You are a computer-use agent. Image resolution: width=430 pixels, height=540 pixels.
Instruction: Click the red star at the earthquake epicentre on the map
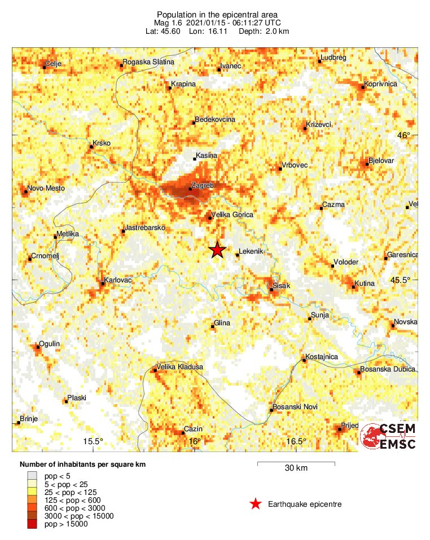point(217,250)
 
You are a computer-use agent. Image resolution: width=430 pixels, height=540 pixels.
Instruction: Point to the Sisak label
point(281,286)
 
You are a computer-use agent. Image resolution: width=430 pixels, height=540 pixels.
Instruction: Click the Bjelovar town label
point(381,161)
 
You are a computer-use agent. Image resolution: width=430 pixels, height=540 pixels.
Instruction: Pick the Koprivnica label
point(381,84)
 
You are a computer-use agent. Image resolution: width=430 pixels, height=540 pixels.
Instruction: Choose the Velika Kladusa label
point(179,367)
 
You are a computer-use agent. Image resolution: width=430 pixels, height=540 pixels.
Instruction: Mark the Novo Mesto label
point(46,188)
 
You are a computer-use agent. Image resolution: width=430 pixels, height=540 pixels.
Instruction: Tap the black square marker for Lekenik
point(238,255)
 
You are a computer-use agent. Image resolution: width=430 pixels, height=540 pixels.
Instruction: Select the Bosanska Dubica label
point(388,369)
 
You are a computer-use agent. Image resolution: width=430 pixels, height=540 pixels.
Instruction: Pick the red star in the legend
point(256,504)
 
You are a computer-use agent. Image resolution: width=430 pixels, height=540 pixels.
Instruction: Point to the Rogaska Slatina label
point(148,62)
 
